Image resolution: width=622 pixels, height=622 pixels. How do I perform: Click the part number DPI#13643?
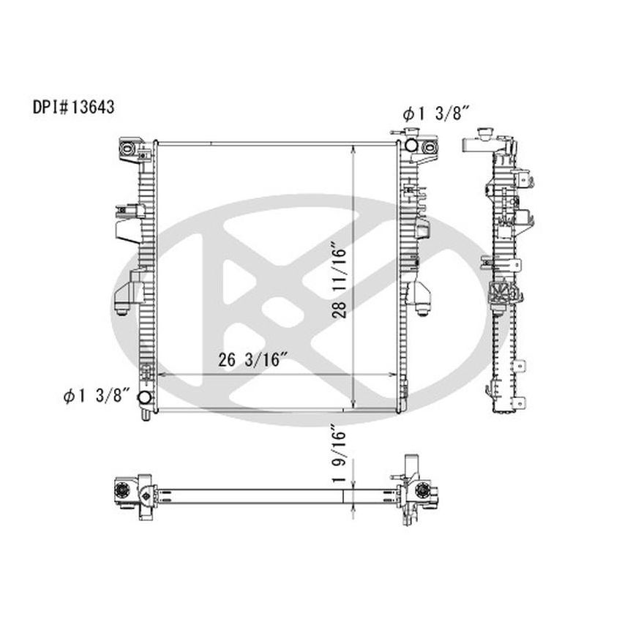[x=72, y=105]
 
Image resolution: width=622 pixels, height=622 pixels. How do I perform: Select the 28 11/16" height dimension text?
[x=338, y=280]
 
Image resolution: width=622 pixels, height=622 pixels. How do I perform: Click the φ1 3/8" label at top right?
[x=435, y=113]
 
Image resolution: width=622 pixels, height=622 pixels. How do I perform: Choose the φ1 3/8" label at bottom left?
[x=96, y=396]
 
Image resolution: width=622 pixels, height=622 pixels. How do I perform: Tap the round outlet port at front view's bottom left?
[x=145, y=398]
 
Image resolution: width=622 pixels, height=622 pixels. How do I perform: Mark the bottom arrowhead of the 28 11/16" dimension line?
[x=353, y=406]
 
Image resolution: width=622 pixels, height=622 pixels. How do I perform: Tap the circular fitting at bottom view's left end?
[x=123, y=490]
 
